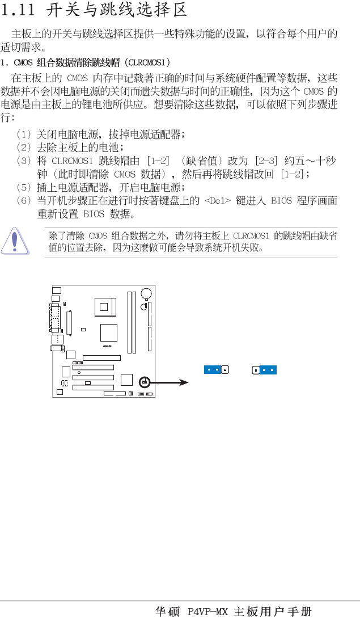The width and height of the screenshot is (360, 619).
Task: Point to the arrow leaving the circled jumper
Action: [x=171, y=383]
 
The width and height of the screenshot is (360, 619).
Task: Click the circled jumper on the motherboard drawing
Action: [x=145, y=382]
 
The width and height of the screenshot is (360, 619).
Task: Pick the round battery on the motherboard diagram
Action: [x=146, y=294]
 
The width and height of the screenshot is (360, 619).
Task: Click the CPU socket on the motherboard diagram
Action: [x=106, y=307]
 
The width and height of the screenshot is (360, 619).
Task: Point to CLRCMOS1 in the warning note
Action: [x=250, y=235]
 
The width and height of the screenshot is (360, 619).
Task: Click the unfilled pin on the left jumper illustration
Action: [x=225, y=370]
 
